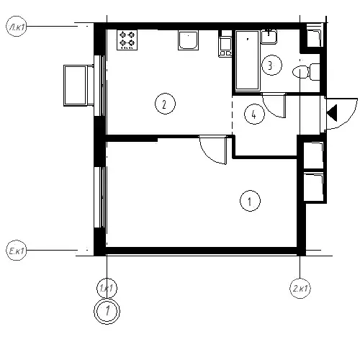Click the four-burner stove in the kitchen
(127, 40)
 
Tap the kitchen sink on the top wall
(188, 40)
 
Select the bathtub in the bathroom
(248, 60)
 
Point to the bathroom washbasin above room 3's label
(269, 37)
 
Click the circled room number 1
(250, 201)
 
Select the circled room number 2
(165, 104)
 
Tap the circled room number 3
(271, 65)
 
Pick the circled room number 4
(254, 114)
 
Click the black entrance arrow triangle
(333, 112)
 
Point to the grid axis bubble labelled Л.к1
(16, 27)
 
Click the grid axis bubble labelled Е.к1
(16, 250)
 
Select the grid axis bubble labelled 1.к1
(107, 288)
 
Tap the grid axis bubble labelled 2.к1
(300, 288)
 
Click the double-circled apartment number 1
(107, 311)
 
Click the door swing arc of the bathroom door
(269, 111)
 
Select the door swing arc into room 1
(207, 156)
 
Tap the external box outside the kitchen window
(78, 86)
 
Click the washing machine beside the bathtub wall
(225, 47)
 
